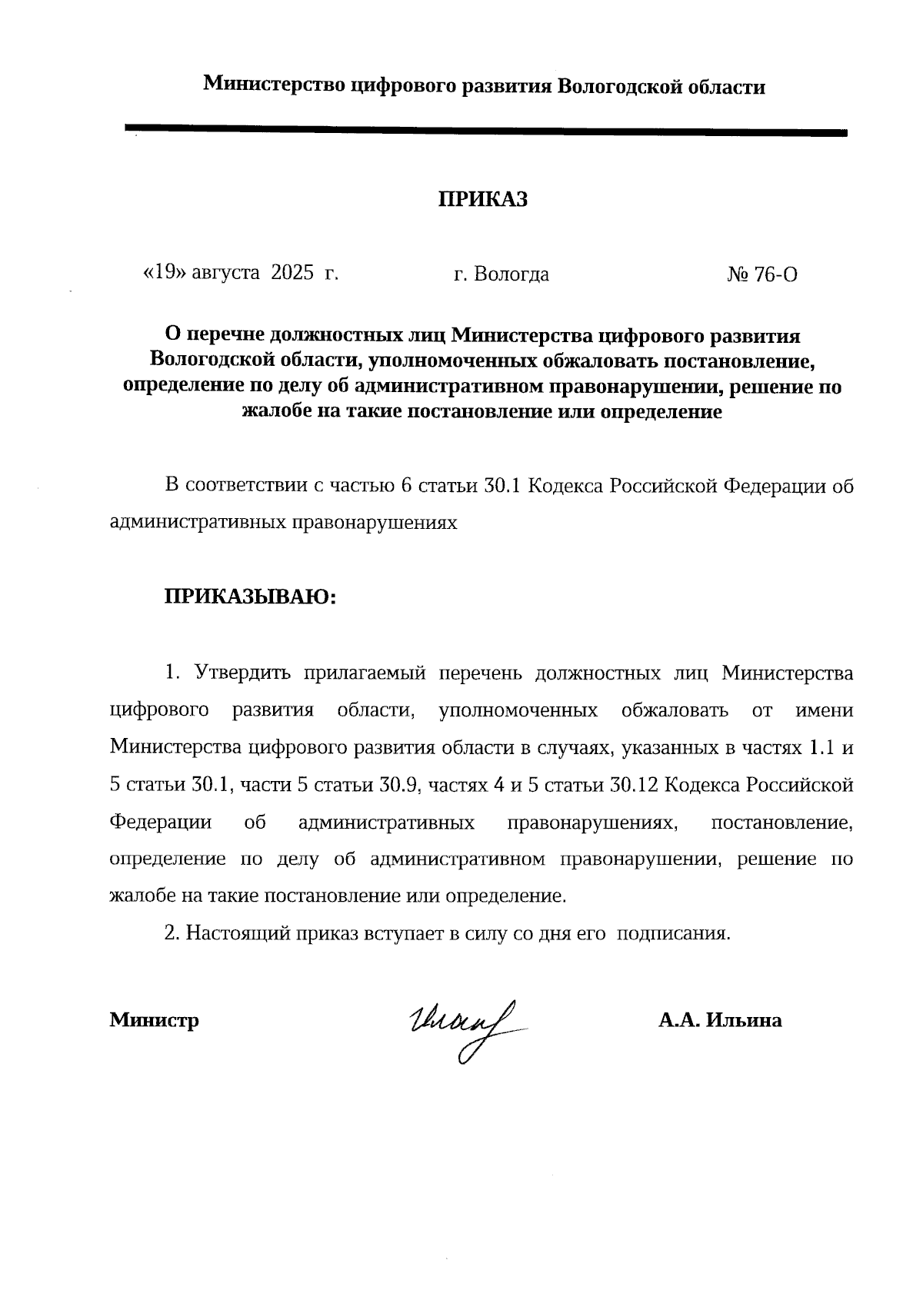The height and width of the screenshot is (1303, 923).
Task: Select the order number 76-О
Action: tap(775, 274)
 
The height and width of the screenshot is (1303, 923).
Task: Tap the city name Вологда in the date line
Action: tap(511, 274)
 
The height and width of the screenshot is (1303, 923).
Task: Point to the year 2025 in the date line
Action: tap(293, 273)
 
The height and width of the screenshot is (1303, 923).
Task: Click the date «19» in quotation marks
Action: tap(164, 273)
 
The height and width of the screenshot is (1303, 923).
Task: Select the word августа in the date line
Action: tap(225, 274)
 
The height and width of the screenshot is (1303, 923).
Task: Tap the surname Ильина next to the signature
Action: tap(745, 1021)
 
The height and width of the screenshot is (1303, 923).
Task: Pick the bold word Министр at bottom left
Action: tap(155, 1021)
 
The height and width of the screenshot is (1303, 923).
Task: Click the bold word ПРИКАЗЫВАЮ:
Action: tap(250, 597)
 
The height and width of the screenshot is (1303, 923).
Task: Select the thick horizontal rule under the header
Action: tap(485, 131)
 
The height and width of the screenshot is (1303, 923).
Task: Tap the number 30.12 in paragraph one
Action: tap(633, 786)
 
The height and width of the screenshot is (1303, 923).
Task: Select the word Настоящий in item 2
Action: tap(231, 934)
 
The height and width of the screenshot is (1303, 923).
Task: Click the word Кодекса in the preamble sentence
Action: tap(565, 487)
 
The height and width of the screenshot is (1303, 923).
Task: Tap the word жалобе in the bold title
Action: tap(275, 412)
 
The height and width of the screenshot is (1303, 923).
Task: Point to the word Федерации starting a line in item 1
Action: tap(161, 823)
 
